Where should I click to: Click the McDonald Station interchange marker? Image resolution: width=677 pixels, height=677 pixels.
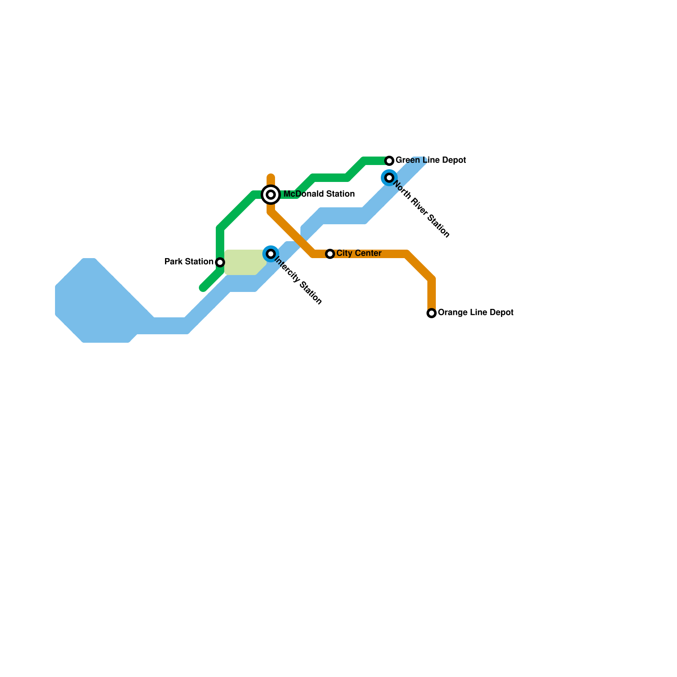(x=271, y=195)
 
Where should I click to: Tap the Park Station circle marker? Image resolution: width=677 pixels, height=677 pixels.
(x=220, y=262)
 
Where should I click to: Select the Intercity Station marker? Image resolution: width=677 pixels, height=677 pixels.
(x=271, y=254)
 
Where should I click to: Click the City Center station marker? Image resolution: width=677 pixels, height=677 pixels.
(x=330, y=254)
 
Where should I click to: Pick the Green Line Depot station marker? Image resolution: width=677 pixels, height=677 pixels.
(x=389, y=161)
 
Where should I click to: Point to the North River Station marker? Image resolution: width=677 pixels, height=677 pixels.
(x=389, y=178)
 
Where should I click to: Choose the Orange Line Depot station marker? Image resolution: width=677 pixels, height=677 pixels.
(x=432, y=313)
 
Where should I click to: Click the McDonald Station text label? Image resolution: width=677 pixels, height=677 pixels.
(x=319, y=194)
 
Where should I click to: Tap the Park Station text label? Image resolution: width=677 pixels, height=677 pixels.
(x=189, y=262)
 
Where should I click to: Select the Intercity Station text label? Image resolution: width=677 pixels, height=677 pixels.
(x=298, y=281)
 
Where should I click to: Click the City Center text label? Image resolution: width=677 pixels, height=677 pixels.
(x=359, y=253)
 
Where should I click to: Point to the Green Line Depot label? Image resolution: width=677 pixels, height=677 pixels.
(x=430, y=160)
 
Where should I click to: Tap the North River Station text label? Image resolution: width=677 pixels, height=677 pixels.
(x=421, y=209)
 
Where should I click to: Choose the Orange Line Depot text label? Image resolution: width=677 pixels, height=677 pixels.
(x=475, y=313)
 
